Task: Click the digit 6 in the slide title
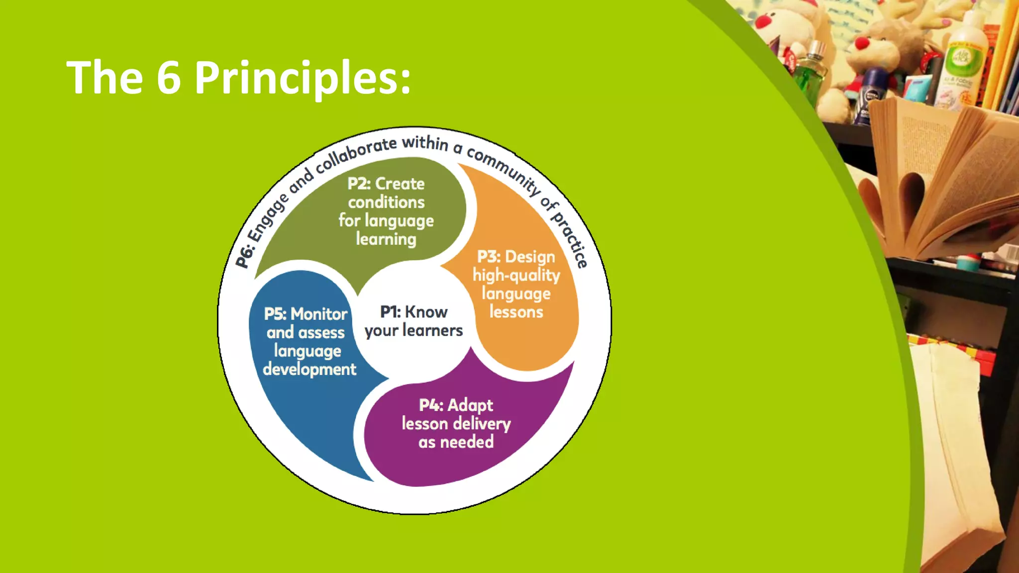tap(169, 77)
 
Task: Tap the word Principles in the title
tap(303, 78)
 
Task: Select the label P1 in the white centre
tap(390, 312)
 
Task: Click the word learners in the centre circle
tap(432, 330)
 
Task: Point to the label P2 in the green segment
tap(359, 184)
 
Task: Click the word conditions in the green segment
tap(386, 202)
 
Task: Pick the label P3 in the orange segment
tap(489, 257)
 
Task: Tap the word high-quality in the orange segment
tap(516, 275)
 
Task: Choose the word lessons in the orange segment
tap(516, 312)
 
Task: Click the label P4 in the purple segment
tap(430, 405)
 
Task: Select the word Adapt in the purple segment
tap(470, 405)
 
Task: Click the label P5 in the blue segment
tap(275, 314)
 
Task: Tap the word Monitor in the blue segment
tap(319, 314)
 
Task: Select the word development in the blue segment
tap(309, 369)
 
